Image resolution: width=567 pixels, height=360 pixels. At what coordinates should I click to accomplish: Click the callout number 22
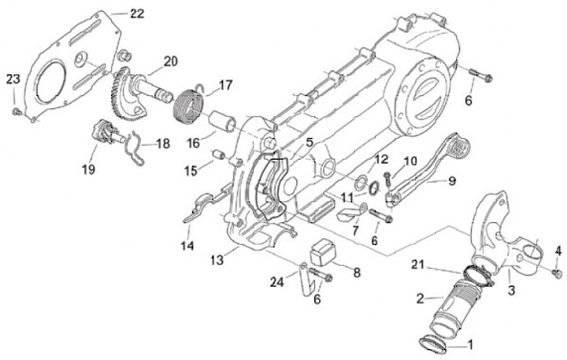coord(137,13)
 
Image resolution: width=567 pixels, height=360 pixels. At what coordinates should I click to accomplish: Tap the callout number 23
coord(13,80)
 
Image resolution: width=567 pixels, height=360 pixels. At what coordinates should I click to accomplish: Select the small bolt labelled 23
coord(17,112)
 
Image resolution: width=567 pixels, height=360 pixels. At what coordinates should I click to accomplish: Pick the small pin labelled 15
coord(218,154)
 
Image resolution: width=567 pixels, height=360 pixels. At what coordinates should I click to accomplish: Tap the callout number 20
coord(171,62)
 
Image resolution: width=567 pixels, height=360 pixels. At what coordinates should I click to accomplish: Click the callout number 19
coord(88,169)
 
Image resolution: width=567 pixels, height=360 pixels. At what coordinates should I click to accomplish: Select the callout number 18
coord(163,143)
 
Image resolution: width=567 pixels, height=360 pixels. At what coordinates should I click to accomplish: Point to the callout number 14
coord(187,246)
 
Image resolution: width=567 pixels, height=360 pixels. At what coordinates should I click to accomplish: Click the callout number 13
coord(217,260)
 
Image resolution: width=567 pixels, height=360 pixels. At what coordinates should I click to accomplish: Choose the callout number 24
coord(277,282)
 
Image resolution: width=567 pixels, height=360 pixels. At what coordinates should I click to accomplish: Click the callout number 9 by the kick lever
coord(452,181)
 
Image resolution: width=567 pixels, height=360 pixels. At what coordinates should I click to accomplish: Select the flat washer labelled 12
coord(359,184)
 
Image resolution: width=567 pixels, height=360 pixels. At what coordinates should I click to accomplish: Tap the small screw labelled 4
coord(558,273)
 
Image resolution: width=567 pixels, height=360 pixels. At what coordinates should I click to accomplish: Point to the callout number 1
coord(470,345)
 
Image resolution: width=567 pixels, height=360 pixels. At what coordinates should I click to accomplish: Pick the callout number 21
coord(417,265)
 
